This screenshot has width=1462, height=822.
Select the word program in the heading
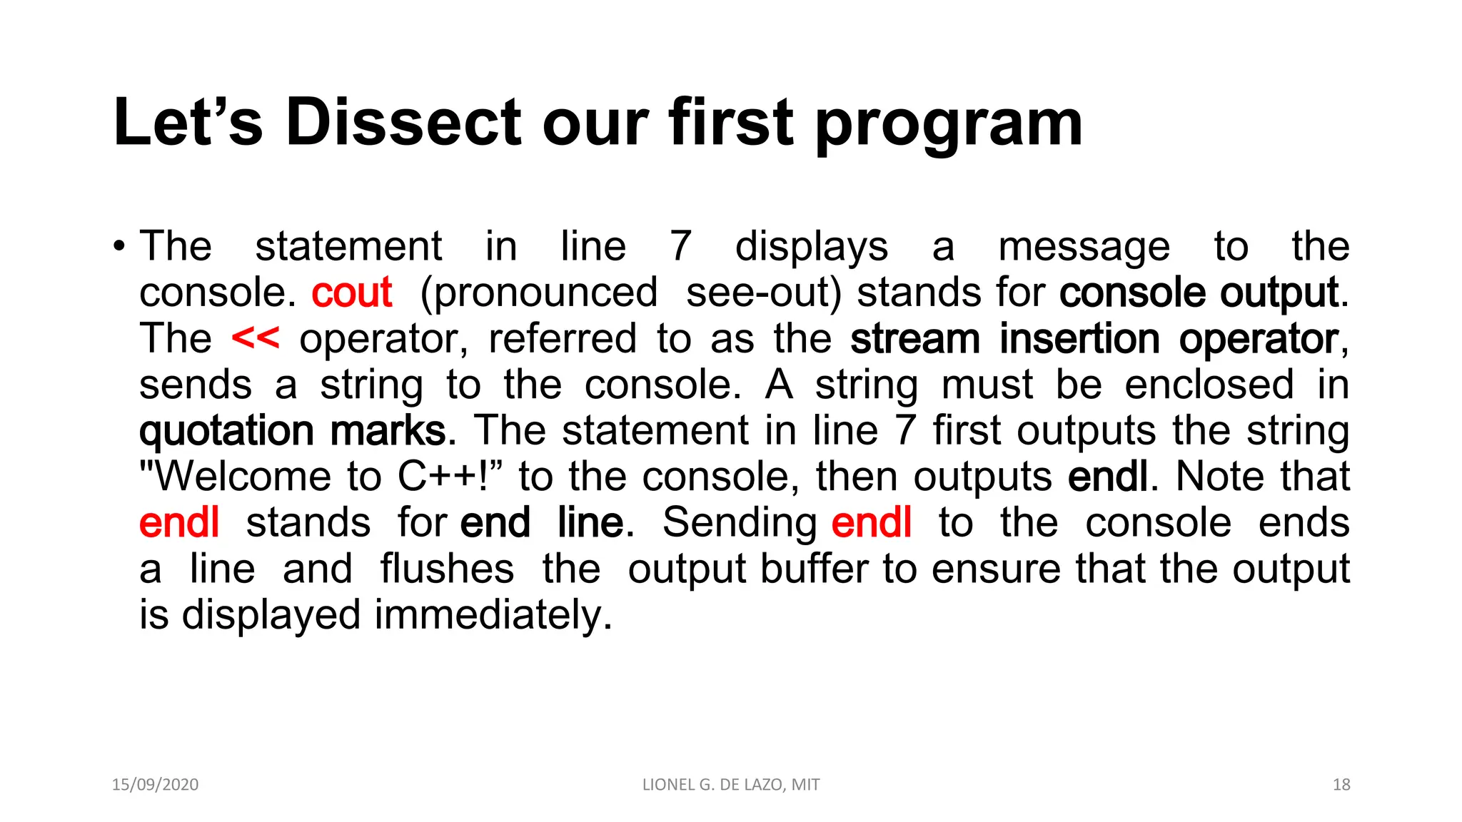click(x=949, y=126)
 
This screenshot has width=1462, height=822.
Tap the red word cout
click(x=351, y=293)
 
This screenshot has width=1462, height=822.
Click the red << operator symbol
click(x=255, y=338)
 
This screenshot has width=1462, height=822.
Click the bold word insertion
click(x=1079, y=338)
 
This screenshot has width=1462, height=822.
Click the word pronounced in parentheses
click(x=539, y=293)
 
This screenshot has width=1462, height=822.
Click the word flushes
click(x=447, y=569)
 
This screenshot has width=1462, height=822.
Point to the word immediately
click(x=493, y=614)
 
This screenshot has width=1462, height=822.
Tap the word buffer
click(x=815, y=569)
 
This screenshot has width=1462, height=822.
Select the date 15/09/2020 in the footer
click(x=155, y=785)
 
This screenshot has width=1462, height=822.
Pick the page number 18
click(x=1341, y=785)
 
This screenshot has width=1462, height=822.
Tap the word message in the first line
click(x=1084, y=247)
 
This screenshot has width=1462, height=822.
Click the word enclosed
click(x=1209, y=385)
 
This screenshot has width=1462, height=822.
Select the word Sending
click(x=740, y=523)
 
